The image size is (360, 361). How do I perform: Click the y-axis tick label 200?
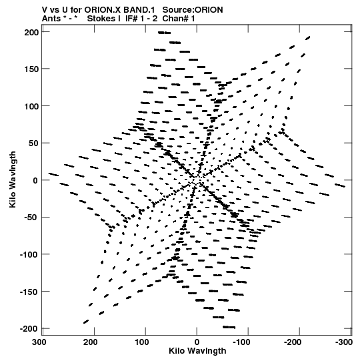[x=31, y=33]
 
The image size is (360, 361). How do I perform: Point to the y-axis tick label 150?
[x=31, y=69]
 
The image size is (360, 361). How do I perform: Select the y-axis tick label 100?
[x=31, y=106]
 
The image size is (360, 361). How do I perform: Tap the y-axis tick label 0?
[x=35, y=180]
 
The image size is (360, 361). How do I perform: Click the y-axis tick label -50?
[x=29, y=218]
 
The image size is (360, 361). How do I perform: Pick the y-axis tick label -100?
[x=29, y=255]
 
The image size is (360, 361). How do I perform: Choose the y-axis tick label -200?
[x=29, y=329]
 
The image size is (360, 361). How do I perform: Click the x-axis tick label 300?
[x=39, y=342]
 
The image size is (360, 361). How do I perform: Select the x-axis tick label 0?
[x=197, y=342]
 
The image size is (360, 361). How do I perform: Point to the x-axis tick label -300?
[x=344, y=342]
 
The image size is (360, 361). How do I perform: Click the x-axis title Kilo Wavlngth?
[x=197, y=351]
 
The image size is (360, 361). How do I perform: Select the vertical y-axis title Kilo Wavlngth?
[x=13, y=179]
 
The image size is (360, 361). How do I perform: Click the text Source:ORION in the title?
[x=193, y=10]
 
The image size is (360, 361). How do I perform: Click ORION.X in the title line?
[x=103, y=10]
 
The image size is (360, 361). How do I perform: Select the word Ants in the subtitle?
[x=51, y=19]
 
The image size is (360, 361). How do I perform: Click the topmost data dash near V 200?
[x=164, y=33]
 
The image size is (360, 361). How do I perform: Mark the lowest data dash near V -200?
[x=229, y=327]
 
